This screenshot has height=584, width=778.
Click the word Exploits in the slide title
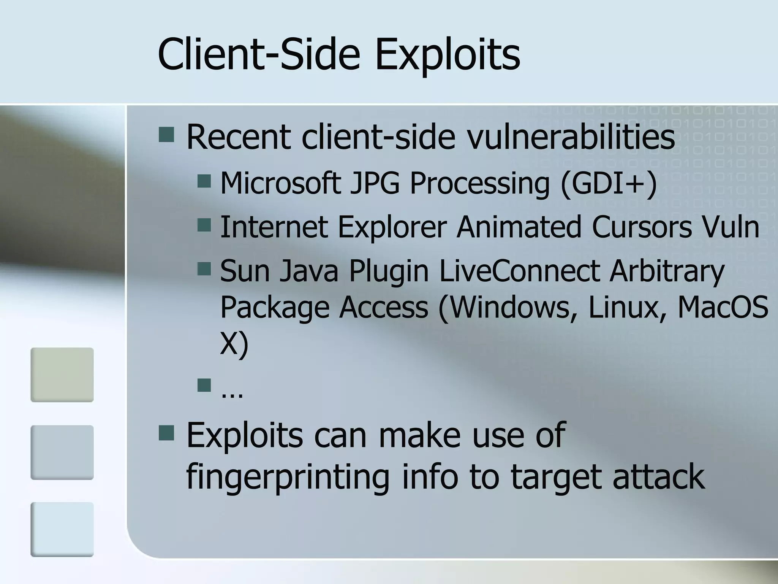(448, 54)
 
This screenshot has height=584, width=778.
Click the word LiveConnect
(519, 271)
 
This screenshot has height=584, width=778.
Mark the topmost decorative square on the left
(62, 375)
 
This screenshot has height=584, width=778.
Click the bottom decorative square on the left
(62, 529)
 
